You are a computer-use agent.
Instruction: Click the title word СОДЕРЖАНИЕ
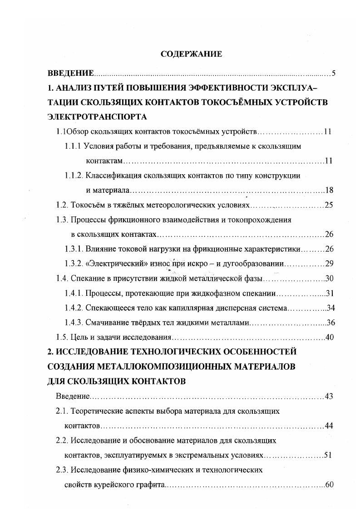192,54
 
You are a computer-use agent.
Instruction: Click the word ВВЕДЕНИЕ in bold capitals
71,73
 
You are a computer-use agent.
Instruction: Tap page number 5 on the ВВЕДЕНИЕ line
334,73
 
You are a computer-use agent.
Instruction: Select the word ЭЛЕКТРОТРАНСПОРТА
97,117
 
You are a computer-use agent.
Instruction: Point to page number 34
330,308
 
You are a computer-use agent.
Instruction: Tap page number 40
330,338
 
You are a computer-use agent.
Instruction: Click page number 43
329,396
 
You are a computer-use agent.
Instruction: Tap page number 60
330,485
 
